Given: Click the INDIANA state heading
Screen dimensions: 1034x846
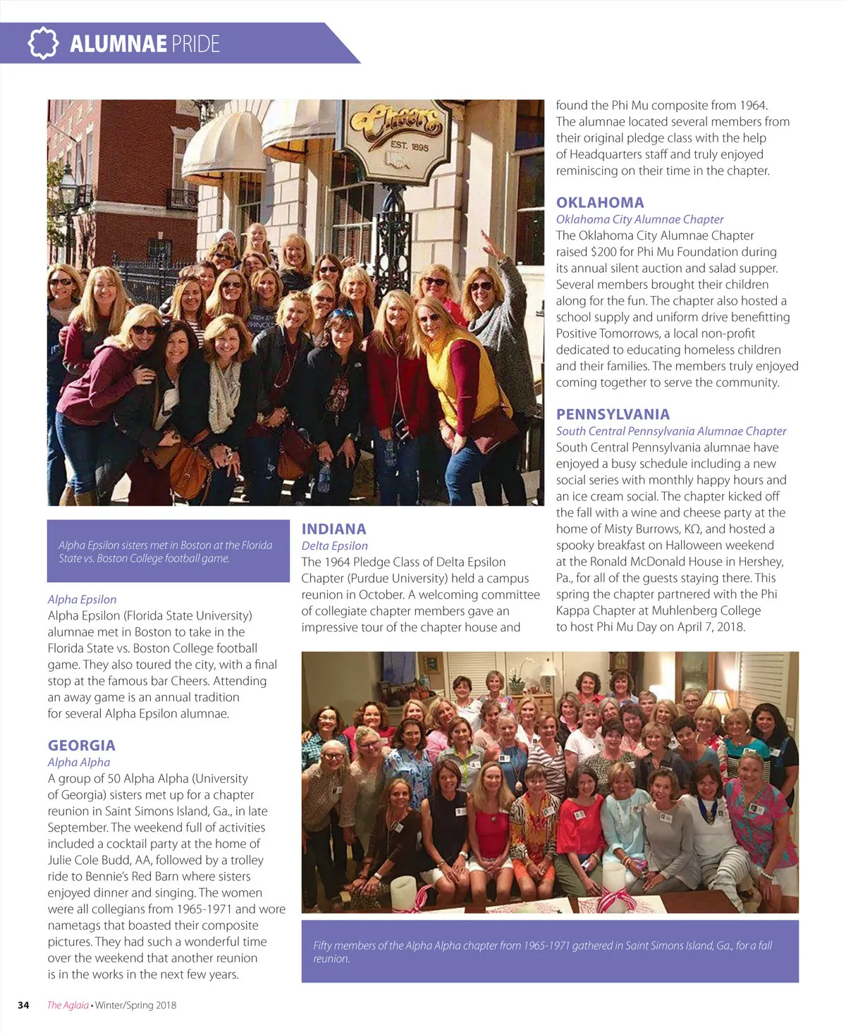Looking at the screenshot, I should pyautogui.click(x=333, y=529).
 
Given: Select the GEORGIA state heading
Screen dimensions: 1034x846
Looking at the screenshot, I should pyautogui.click(x=81, y=745).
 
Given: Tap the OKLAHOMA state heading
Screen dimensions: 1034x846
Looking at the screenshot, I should pyautogui.click(x=600, y=202).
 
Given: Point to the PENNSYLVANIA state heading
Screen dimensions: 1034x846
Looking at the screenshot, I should pyautogui.click(x=613, y=414).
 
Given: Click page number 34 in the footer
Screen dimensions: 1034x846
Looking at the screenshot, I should pyautogui.click(x=23, y=1005).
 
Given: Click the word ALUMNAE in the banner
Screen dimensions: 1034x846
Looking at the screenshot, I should pyautogui.click(x=118, y=44).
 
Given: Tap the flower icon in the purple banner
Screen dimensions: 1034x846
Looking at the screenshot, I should pyautogui.click(x=43, y=43).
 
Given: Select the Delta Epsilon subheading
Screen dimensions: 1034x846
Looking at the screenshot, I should pyautogui.click(x=334, y=546).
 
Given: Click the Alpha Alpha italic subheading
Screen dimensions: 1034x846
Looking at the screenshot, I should pyautogui.click(x=78, y=762).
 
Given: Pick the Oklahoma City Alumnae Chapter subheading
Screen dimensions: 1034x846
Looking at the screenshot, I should pyautogui.click(x=639, y=219).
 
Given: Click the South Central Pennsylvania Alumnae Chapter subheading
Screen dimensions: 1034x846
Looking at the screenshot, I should pyautogui.click(x=670, y=431).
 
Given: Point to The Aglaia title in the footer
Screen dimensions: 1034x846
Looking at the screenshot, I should pyautogui.click(x=68, y=1005).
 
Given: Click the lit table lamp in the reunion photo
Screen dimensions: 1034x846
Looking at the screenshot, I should pyautogui.click(x=718, y=701).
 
